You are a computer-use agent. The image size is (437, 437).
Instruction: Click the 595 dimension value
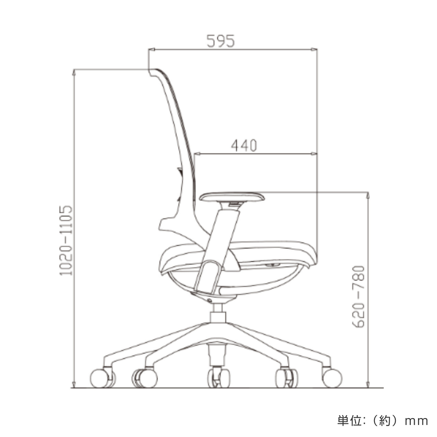[x=220, y=41]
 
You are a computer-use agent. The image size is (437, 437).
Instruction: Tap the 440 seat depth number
[x=244, y=146]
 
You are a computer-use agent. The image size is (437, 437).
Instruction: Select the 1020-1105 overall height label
[x=66, y=240]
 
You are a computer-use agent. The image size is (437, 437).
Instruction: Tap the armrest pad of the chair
[x=232, y=196]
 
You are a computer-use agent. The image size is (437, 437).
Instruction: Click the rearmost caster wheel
[x=100, y=378]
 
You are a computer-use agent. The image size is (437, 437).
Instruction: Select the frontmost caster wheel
[x=332, y=378]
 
